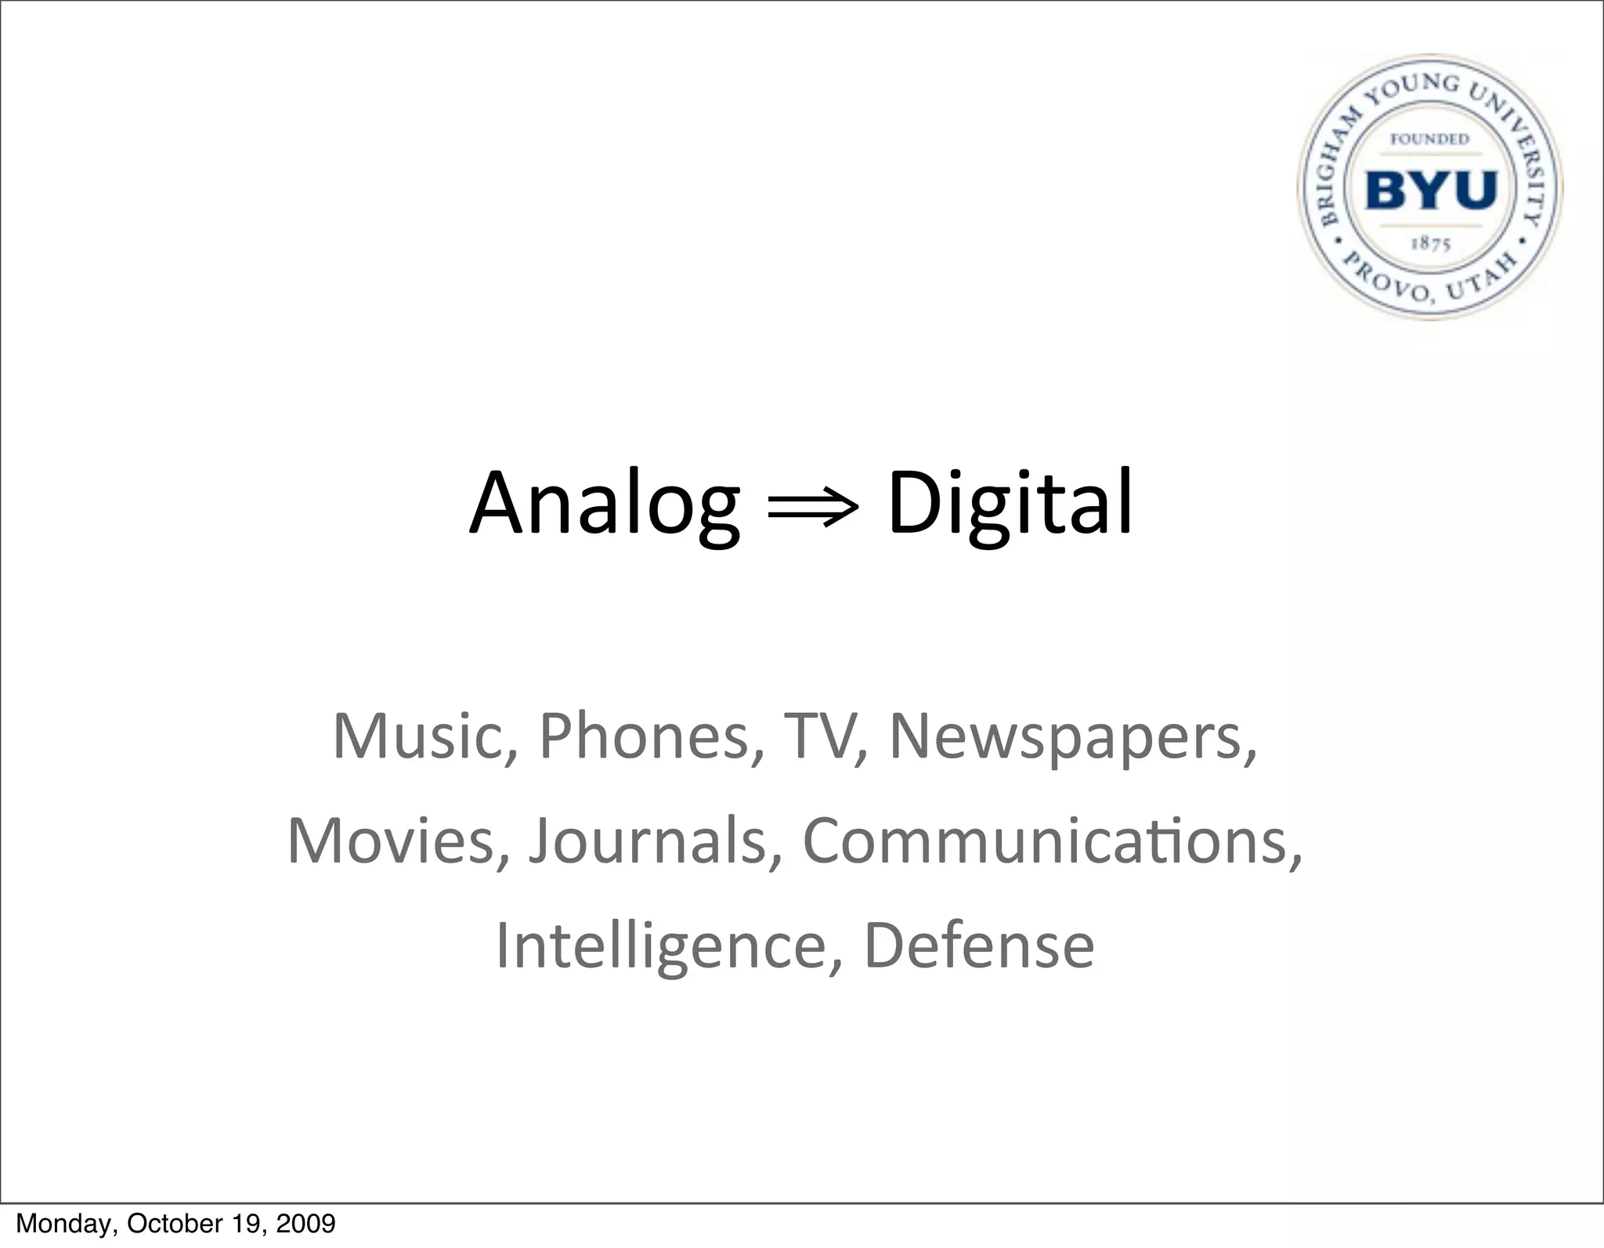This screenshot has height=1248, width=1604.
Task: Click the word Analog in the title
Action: click(604, 504)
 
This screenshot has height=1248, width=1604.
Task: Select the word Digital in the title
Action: click(1010, 504)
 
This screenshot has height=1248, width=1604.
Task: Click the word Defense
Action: click(978, 946)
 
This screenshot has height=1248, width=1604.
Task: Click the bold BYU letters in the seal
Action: click(1431, 190)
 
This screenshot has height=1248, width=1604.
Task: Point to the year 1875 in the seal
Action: click(1431, 244)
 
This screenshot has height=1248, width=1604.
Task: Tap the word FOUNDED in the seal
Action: click(1429, 139)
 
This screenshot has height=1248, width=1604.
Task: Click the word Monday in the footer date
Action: click(65, 1224)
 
